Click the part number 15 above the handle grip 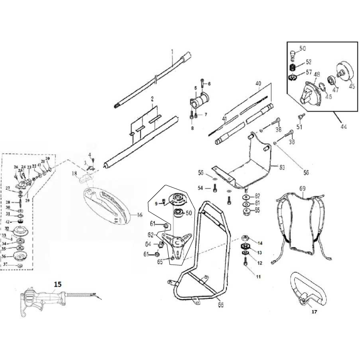tap(58, 284)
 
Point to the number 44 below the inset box tap(343, 127)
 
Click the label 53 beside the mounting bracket tap(282, 167)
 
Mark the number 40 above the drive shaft tap(258, 84)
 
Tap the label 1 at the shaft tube tap(172, 53)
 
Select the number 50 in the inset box tap(302, 48)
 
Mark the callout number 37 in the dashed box tap(6, 265)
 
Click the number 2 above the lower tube tap(153, 98)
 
